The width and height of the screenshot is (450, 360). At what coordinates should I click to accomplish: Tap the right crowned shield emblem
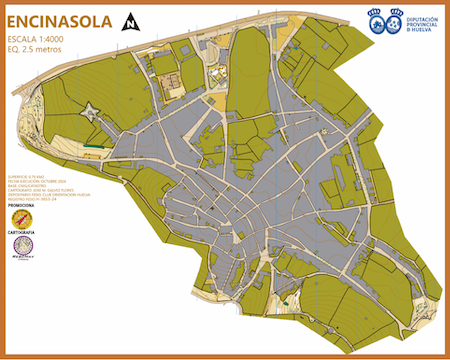pyautogui.click(x=396, y=21)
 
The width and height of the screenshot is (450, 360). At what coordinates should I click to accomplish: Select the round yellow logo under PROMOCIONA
pyautogui.click(x=22, y=218)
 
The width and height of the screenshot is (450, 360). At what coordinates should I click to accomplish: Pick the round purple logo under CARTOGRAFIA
pyautogui.click(x=22, y=246)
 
